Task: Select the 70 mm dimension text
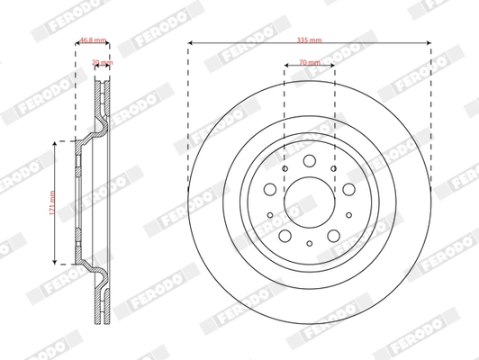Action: (x=310, y=64)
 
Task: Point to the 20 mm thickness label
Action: (x=100, y=63)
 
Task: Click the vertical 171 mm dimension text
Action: (x=53, y=201)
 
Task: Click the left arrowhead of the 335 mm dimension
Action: (x=191, y=43)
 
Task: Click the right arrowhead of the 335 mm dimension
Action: (x=429, y=43)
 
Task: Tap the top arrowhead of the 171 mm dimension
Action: (x=60, y=142)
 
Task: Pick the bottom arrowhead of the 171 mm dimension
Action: (x=60, y=260)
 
